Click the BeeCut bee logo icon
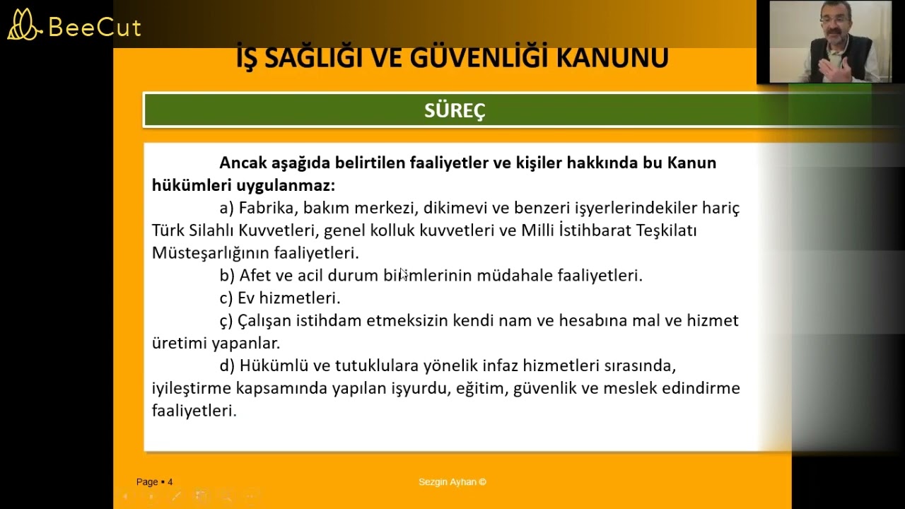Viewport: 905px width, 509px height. tap(24, 25)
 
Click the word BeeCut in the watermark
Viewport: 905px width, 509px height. tap(95, 28)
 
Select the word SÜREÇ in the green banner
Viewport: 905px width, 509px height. tap(455, 110)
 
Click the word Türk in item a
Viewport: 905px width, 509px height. tap(168, 230)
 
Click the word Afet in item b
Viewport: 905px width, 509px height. tap(255, 276)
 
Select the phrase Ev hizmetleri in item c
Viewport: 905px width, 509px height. tap(288, 298)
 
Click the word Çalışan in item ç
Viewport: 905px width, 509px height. tap(264, 321)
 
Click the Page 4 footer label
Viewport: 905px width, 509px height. tap(154, 482)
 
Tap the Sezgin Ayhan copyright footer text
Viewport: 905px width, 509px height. tap(452, 482)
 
